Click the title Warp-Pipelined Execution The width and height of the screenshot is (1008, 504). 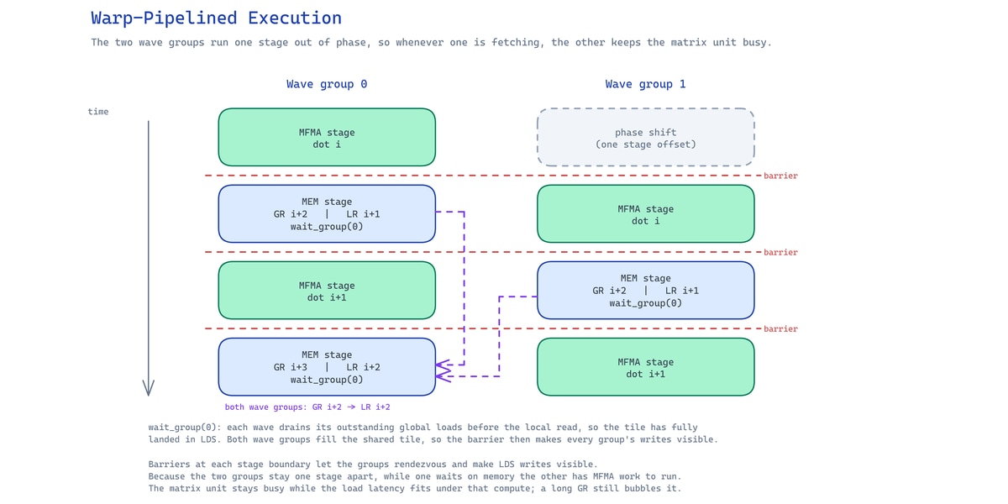click(x=216, y=18)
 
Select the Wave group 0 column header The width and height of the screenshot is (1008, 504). click(x=327, y=84)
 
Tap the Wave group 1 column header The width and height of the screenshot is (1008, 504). click(x=645, y=84)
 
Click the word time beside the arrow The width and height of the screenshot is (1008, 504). click(x=98, y=112)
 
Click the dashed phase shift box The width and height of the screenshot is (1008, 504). click(x=646, y=137)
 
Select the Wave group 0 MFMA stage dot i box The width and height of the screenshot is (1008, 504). click(x=327, y=137)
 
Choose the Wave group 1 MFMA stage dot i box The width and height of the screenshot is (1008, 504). click(x=646, y=213)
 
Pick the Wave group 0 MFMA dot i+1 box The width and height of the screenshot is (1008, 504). click(x=327, y=291)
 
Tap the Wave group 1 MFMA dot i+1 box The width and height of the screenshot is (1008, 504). click(x=646, y=367)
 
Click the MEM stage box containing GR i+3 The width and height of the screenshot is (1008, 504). click(x=327, y=367)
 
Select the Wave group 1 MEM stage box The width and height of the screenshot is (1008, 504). click(x=646, y=291)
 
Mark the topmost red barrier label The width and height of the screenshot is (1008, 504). click(x=780, y=176)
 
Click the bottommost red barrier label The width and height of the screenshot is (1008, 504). click(x=780, y=328)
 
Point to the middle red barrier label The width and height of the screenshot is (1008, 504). click(x=780, y=252)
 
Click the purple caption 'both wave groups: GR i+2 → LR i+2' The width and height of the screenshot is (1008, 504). click(x=307, y=407)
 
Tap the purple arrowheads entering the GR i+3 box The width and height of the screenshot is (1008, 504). click(x=444, y=370)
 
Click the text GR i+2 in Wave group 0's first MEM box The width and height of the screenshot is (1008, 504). click(x=291, y=214)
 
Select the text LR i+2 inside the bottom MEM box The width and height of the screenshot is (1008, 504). click(x=363, y=367)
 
